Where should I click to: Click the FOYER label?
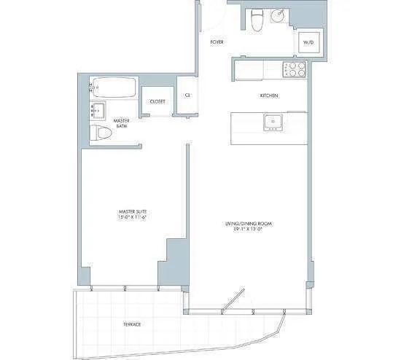(217, 42)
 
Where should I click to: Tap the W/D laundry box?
(308, 43)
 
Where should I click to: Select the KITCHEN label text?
(270, 96)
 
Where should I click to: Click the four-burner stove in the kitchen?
(294, 70)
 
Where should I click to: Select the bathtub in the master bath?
(114, 90)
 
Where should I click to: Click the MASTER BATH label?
(122, 124)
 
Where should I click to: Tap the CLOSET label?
(157, 101)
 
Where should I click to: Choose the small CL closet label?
(187, 95)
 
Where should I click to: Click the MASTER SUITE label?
(133, 211)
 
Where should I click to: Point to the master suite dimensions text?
(133, 218)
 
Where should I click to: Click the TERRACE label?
(131, 324)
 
